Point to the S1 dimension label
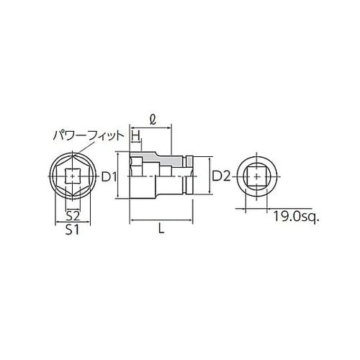tap(72, 231)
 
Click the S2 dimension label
tap(72, 215)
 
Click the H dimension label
tap(135, 135)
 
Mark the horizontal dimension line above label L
tap(161, 221)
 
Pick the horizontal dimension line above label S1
tap(72, 222)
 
